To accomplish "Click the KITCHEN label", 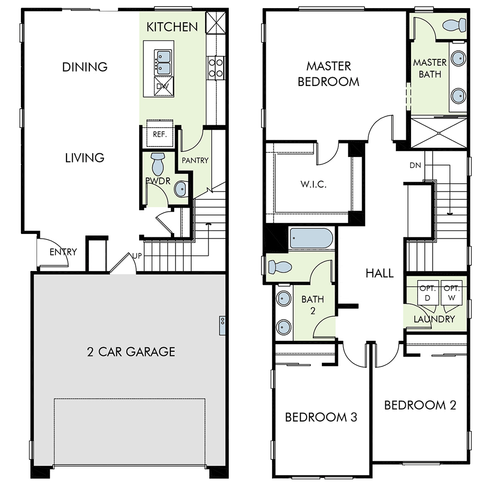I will (x=172, y=27).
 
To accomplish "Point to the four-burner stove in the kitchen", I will (x=216, y=67).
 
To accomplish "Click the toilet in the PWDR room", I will (x=157, y=163).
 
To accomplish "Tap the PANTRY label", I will (x=195, y=160).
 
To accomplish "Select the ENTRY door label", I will (x=63, y=252).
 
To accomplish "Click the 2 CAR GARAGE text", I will (x=131, y=352).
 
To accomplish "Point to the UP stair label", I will (x=138, y=256).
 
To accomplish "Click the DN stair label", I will (x=415, y=165).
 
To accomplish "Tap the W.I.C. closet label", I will (x=313, y=184).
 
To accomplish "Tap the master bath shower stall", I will (x=439, y=134).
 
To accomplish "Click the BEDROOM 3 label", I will (x=321, y=417).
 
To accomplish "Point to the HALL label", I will (x=380, y=273).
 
